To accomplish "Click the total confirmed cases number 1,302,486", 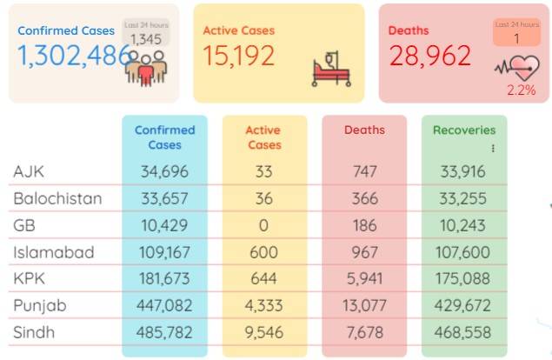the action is point(74,56).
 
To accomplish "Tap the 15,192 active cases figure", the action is point(239,56).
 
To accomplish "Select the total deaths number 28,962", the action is point(429,56).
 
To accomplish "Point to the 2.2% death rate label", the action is point(522,90).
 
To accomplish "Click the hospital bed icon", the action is point(331,69).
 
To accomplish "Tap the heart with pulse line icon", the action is point(518,68).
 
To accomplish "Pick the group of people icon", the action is point(146,69).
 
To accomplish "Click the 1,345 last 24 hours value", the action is point(146,39).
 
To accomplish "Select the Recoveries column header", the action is point(464,130).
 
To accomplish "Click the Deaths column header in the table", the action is point(364,130).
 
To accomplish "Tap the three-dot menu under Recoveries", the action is point(493,149).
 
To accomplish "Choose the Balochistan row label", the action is point(57,198).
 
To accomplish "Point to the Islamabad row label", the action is point(54,252).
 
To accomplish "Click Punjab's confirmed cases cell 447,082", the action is point(164,305).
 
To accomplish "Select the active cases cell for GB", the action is point(263,225).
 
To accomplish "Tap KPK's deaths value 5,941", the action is point(364,278).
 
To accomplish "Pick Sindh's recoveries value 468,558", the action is point(462,332).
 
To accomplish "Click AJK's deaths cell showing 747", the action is point(365,171).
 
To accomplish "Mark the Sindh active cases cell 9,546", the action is point(264,332).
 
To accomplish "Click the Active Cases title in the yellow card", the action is point(239,30).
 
